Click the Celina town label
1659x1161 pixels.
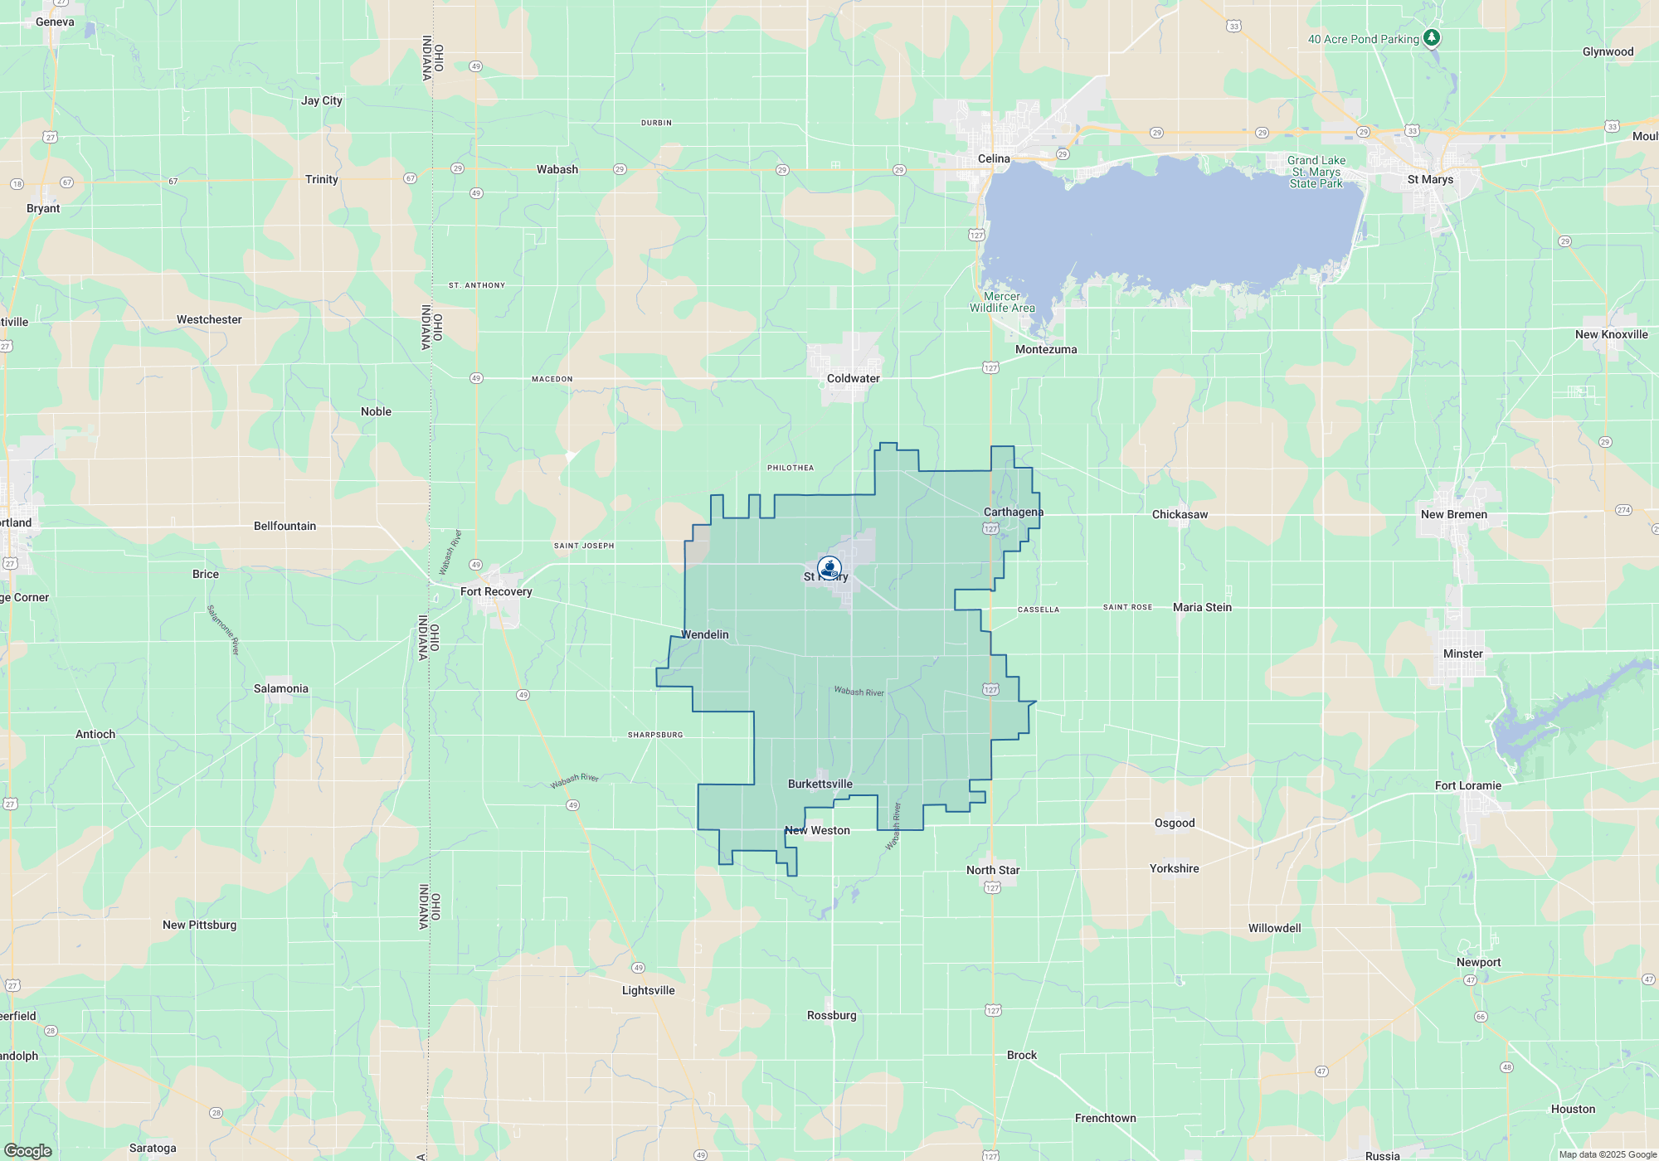tap(994, 158)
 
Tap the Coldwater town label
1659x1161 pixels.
tap(853, 378)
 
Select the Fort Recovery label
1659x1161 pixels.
tap(496, 591)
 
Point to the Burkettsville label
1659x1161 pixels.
tap(820, 784)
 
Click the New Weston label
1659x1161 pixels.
tap(817, 830)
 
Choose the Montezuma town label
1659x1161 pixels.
tap(1046, 349)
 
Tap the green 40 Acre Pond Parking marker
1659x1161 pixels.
tap(1431, 38)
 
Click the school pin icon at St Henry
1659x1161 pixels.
tap(829, 568)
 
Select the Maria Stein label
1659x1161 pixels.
tap(1202, 607)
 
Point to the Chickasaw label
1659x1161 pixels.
tap(1180, 514)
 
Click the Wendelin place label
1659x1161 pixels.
tap(705, 634)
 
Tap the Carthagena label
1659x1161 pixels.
tap(1013, 512)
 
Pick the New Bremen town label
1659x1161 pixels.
tap(1453, 514)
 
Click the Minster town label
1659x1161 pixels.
tap(1462, 653)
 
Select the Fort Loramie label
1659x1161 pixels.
tap(1467, 785)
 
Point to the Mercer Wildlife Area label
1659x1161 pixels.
tap(1002, 302)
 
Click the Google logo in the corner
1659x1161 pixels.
tap(28, 1150)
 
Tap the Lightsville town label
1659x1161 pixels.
tap(648, 990)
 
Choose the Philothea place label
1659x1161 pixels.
tap(790, 468)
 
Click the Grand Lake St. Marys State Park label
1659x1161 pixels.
tap(1316, 172)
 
